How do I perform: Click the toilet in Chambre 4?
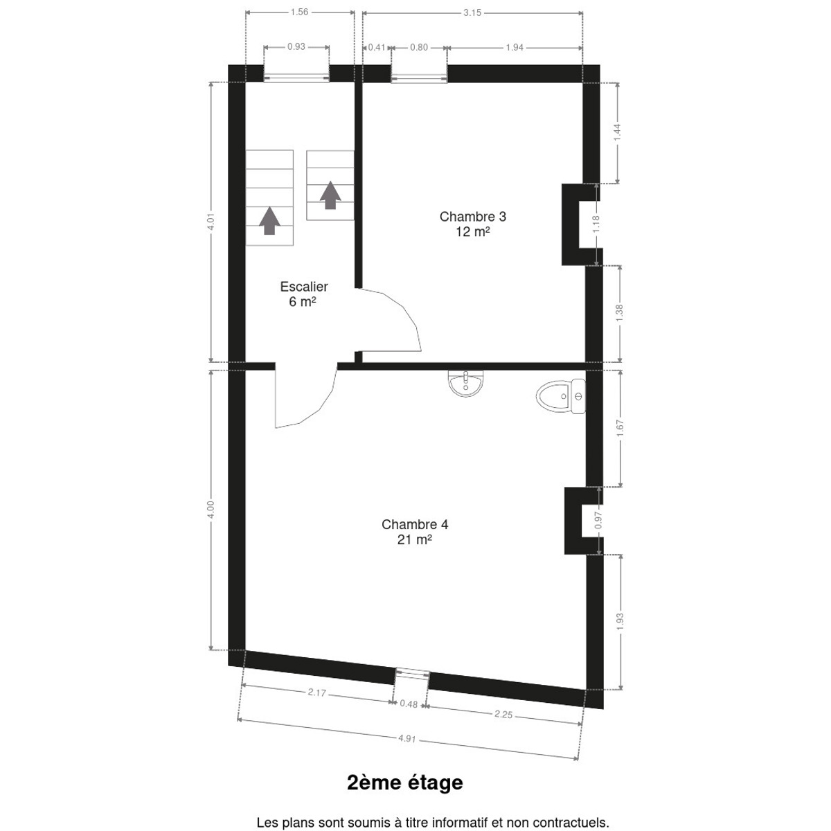pos(561,396)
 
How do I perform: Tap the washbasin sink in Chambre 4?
pos(466,383)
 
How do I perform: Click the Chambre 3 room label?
pos(473,224)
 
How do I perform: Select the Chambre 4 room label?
pos(415,531)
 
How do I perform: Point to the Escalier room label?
pos(303,294)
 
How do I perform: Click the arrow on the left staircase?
pos(269,221)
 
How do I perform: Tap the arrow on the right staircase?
pos(330,195)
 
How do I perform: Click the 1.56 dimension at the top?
pos(299,12)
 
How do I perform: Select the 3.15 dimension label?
pos(472,13)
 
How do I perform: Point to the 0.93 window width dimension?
pos(296,46)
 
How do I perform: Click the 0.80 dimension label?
pos(419,47)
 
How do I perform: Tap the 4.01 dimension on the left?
pos(211,222)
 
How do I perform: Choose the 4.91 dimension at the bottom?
pos(406,739)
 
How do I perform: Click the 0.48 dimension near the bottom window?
pos(409,704)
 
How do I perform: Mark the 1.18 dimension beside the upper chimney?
pos(596,224)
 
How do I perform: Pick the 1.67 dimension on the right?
pos(620,428)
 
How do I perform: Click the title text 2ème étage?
pos(405,783)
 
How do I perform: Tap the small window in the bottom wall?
pos(412,674)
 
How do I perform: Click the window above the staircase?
pos(296,78)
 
